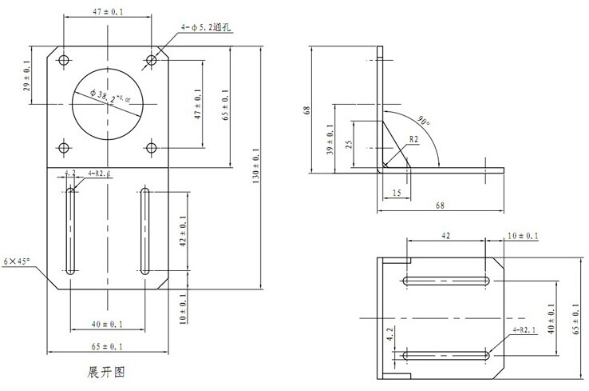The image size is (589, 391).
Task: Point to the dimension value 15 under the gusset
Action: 397,193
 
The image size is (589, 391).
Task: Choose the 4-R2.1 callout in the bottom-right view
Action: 524,329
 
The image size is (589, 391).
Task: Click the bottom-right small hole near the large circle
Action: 152,146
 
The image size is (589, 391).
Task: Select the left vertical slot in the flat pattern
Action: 71,231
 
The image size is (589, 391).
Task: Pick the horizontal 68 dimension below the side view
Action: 441,205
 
